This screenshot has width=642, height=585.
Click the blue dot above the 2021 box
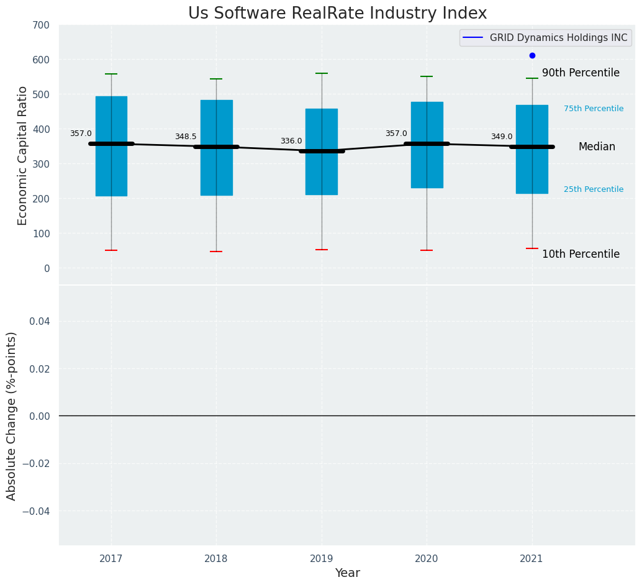(x=532, y=55)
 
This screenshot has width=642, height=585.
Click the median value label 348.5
(x=186, y=137)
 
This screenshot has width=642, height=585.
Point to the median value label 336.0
(x=291, y=141)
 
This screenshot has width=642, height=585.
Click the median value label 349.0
(x=502, y=137)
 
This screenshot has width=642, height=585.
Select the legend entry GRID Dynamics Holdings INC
(x=558, y=38)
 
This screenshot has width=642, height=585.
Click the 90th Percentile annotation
(x=581, y=73)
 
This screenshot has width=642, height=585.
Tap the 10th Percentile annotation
(x=581, y=254)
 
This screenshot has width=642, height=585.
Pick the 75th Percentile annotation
(x=594, y=109)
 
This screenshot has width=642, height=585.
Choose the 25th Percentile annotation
(x=594, y=189)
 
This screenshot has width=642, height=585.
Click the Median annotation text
(x=597, y=147)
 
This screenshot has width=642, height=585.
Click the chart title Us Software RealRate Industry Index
(x=338, y=14)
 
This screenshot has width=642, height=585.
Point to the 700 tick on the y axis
(x=42, y=25)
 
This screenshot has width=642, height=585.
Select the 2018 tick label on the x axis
(x=216, y=559)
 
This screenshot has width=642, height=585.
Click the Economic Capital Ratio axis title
(x=22, y=155)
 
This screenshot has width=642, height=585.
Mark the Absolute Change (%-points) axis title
(x=12, y=415)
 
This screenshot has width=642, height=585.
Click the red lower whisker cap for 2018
(x=216, y=252)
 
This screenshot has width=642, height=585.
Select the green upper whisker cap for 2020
(x=427, y=76)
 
